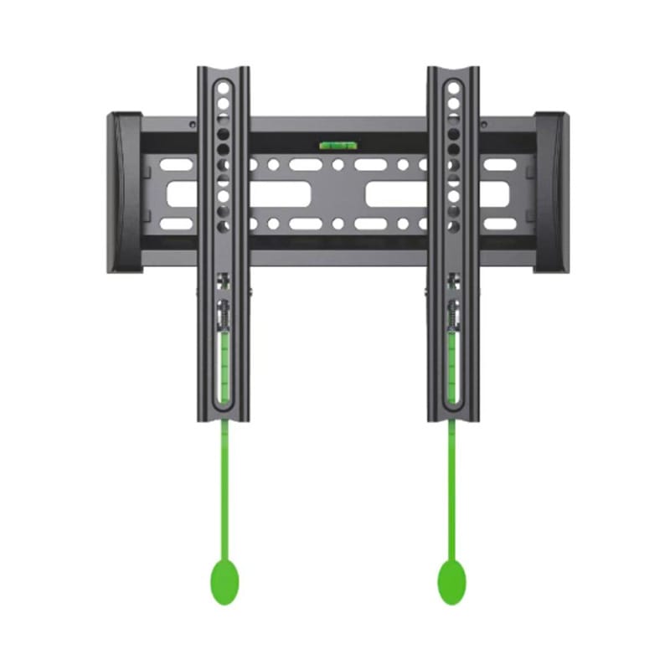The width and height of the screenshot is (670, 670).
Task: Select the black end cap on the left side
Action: coord(123,193)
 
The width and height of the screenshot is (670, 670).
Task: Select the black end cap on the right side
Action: coord(552,193)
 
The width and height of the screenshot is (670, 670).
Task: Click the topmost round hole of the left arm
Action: coord(224,86)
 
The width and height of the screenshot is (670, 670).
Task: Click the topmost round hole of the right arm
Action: coord(453,86)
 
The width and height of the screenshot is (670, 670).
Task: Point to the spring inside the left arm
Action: coord(223,317)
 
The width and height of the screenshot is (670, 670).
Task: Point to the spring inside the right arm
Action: coord(452,317)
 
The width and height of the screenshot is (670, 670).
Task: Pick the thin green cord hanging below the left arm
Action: coord(224,486)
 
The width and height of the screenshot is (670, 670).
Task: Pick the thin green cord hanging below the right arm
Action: coord(451,486)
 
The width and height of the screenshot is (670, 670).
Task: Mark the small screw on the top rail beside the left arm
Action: coord(192,126)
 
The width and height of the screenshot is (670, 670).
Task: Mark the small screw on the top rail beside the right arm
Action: coord(483,126)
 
